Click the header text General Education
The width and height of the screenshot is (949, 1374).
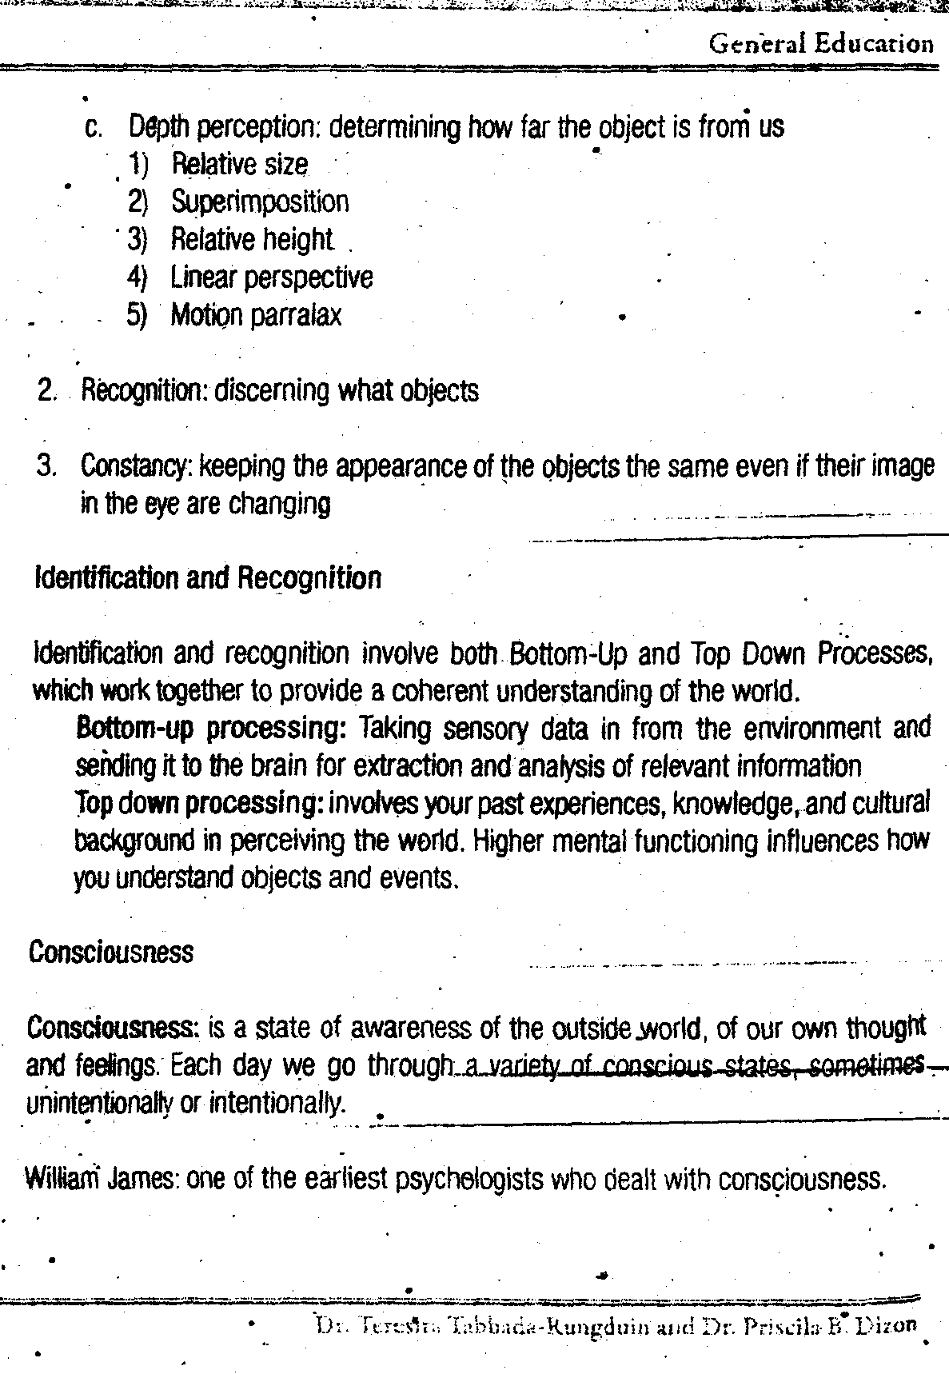point(821,43)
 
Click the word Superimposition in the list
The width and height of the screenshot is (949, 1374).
point(260,202)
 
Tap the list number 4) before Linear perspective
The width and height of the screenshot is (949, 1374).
point(138,278)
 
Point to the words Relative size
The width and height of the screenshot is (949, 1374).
point(239,164)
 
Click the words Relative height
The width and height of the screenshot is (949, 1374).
point(251,239)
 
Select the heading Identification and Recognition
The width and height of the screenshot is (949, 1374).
point(208,577)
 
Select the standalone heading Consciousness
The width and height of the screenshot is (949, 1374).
point(111,953)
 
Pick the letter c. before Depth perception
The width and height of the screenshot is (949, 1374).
point(92,127)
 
